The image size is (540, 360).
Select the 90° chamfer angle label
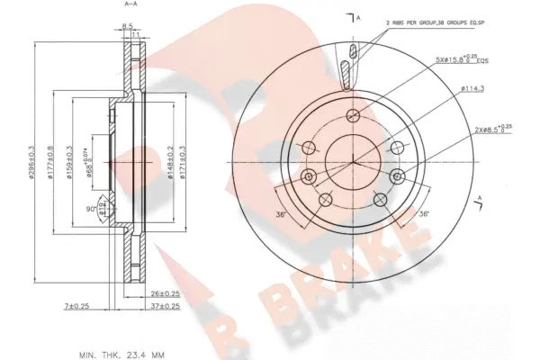91,209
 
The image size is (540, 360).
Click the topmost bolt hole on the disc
354,113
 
